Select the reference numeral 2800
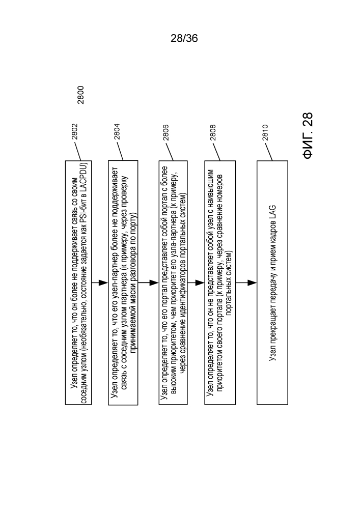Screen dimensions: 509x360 81,95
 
